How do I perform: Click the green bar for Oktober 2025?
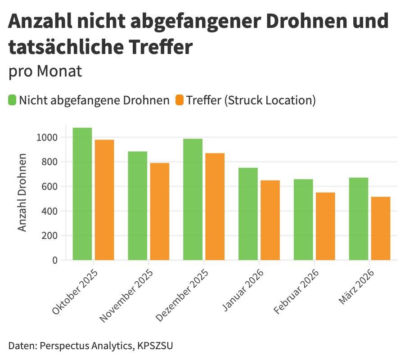82,194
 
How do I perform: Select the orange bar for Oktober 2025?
104,200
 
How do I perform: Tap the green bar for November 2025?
137,206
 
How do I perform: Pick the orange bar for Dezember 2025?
215,207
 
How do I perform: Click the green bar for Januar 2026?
248,214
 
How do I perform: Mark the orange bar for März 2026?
381,228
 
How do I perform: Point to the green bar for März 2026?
359,219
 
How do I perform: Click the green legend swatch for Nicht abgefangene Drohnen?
12,100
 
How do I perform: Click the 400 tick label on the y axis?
50,211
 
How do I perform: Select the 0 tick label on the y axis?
55,260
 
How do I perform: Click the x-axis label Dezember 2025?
183,296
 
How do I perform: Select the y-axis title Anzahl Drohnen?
22,193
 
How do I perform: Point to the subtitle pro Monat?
45,71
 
